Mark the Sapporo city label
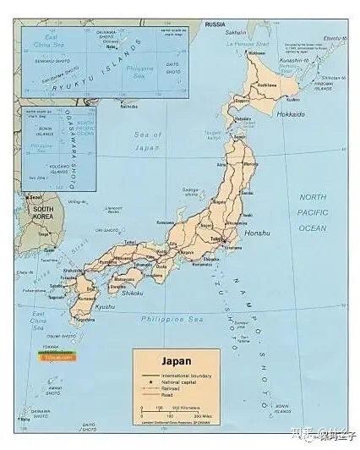243,100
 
